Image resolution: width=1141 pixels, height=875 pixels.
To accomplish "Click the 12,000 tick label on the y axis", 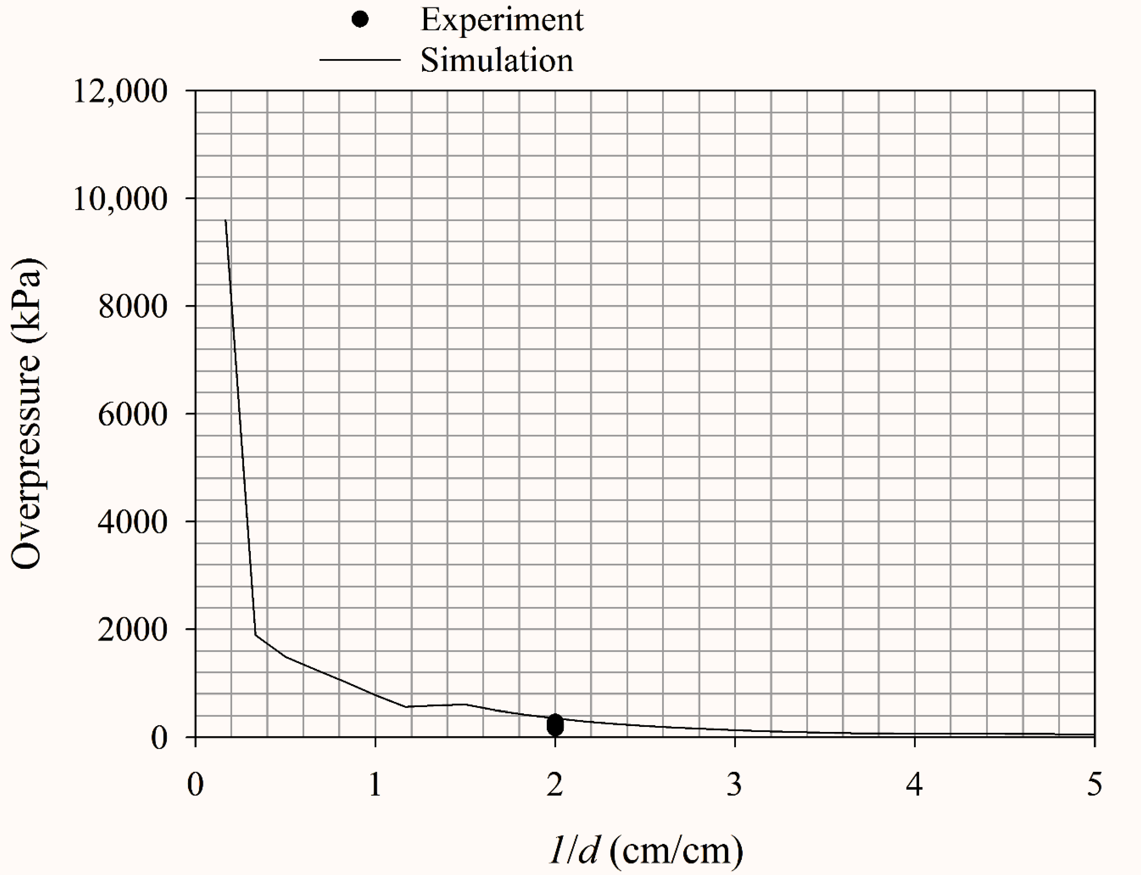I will click(x=120, y=92).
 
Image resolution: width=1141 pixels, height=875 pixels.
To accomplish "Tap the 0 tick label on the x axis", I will click(x=195, y=784).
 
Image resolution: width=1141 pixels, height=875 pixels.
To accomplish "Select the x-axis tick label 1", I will click(x=375, y=784).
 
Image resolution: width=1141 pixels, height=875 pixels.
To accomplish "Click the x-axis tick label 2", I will click(x=554, y=784).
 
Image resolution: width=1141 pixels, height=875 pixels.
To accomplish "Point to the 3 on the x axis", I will click(x=734, y=784).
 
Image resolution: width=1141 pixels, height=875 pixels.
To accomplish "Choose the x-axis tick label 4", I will click(x=914, y=784).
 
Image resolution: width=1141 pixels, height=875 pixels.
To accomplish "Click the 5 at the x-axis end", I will click(x=1094, y=784).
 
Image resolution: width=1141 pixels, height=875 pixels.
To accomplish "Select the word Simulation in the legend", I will click(x=497, y=60).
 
